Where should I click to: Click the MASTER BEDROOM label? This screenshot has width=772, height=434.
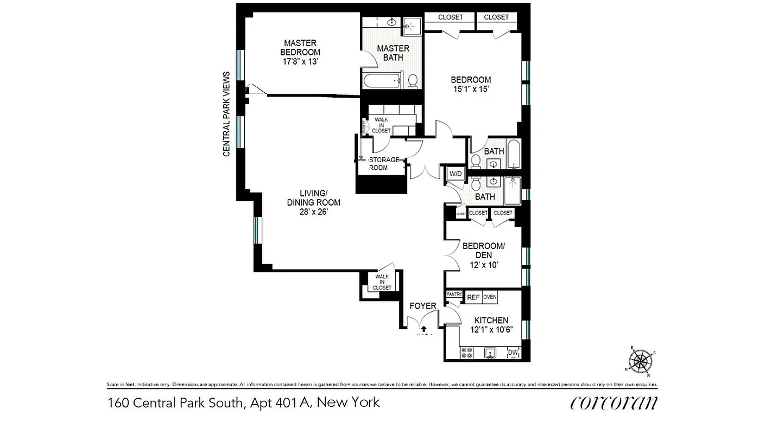click(x=300, y=48)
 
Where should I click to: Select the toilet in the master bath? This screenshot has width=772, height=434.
click(x=413, y=81)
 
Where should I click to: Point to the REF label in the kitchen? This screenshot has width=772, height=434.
click(x=473, y=297)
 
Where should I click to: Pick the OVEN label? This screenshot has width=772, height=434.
click(x=490, y=297)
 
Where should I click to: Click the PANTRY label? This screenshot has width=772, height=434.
click(x=454, y=295)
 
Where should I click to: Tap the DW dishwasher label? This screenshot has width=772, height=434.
click(x=512, y=353)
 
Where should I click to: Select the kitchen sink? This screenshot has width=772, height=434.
click(x=490, y=353)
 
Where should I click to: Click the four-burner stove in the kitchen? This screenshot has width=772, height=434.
click(x=466, y=353)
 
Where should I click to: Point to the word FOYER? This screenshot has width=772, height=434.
click(x=423, y=306)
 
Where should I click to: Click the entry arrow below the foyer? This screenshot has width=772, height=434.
click(x=423, y=328)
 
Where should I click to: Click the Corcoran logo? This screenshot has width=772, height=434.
click(x=613, y=403)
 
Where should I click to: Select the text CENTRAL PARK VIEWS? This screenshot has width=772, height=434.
click(x=226, y=114)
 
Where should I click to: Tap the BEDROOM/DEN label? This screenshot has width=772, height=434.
click(x=484, y=251)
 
